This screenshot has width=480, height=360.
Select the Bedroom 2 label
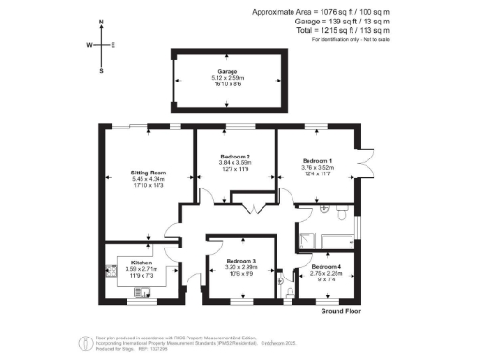point(234,156)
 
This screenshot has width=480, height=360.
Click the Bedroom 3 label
point(241,260)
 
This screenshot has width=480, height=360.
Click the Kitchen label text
point(128,263)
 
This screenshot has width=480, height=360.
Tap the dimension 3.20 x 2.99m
point(241,267)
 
